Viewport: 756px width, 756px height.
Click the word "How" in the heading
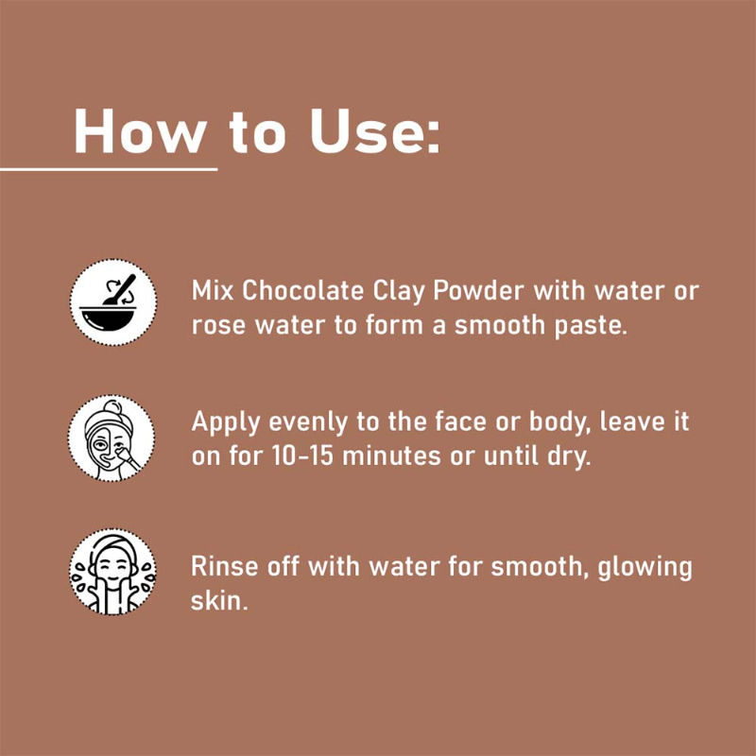[140, 131]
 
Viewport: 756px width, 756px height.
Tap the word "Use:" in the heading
[374, 131]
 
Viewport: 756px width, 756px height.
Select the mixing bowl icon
[112, 302]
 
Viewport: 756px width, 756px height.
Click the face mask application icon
[112, 438]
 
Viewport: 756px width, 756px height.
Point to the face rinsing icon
[112, 572]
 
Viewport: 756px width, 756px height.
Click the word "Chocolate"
[302, 291]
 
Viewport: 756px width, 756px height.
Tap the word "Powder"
[479, 292]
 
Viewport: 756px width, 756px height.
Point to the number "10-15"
[302, 455]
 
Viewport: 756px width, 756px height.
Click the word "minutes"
[391, 455]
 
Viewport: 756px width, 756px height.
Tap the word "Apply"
[226, 422]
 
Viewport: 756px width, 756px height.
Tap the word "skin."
[219, 600]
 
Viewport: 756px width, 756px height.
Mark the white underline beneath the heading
[109, 169]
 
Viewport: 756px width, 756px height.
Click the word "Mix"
[212, 292]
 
